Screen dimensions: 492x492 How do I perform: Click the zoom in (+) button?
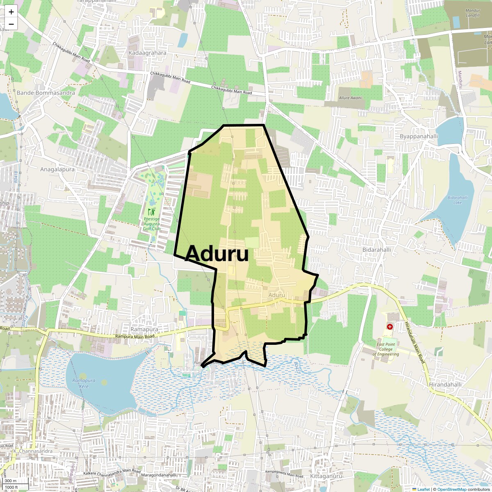(11, 12)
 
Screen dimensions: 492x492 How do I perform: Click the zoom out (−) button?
(11, 24)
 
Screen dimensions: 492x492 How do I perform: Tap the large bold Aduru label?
(216, 254)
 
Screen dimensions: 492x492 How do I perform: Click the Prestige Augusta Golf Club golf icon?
(152, 212)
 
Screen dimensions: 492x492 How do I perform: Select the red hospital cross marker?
(389, 327)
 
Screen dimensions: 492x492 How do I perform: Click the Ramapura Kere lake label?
(84, 383)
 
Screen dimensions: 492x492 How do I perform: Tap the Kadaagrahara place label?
(148, 53)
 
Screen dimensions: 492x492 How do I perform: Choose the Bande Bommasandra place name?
(46, 93)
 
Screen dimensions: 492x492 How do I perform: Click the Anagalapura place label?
(57, 169)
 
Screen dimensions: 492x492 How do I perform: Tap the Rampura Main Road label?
(134, 336)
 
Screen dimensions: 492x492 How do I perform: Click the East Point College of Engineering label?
(386, 349)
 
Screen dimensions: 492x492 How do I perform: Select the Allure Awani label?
(350, 98)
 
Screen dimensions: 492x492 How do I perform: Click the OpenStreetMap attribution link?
(452, 489)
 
